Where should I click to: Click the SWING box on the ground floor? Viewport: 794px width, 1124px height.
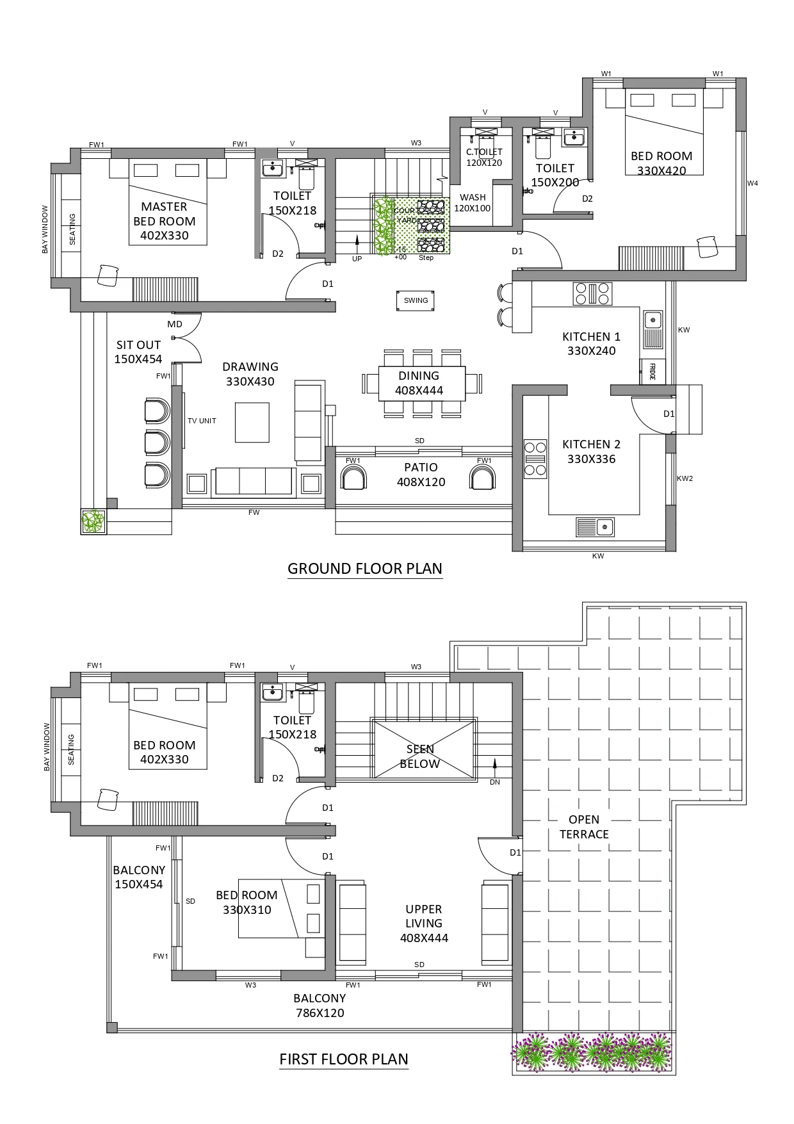tap(416, 300)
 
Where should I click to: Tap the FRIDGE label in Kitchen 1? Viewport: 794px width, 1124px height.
tap(652, 372)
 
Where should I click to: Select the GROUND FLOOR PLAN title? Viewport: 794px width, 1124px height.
tap(365, 568)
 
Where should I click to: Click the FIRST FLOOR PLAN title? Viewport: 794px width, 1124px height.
tap(344, 1059)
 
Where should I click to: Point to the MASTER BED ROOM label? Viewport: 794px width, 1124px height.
tap(164, 221)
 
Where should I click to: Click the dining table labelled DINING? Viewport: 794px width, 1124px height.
tap(419, 383)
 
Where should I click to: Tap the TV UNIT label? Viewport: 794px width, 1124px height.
tap(202, 421)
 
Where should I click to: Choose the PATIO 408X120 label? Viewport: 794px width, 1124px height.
tap(421, 475)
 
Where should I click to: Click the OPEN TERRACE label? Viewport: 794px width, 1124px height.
tap(584, 827)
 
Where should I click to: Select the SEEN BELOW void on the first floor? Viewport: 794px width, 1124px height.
tap(424, 749)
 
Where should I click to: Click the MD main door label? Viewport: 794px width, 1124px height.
tap(175, 324)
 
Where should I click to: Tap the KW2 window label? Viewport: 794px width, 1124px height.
tap(685, 478)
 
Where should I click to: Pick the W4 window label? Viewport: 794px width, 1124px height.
tap(752, 184)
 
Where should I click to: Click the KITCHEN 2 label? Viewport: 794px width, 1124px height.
tap(591, 444)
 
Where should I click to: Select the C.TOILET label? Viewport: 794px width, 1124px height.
tap(484, 152)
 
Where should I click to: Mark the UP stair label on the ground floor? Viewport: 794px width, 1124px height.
tap(357, 259)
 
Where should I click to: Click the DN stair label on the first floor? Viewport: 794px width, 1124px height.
tap(494, 782)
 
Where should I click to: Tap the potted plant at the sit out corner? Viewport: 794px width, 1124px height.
tap(93, 521)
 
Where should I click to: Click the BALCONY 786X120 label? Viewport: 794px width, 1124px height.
tap(320, 1006)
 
